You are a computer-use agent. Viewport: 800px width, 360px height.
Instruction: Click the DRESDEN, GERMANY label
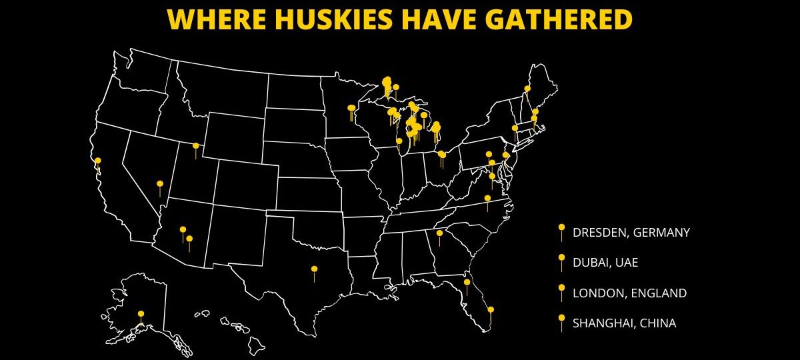(631, 233)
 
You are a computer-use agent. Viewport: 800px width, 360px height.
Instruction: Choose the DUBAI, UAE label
(605, 263)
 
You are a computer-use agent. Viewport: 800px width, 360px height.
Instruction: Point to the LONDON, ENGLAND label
(629, 293)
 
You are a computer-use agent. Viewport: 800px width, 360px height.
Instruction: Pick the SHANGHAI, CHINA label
(624, 323)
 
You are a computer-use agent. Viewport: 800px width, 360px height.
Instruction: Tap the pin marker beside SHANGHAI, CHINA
(562, 319)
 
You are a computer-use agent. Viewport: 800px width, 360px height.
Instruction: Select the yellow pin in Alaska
(141, 314)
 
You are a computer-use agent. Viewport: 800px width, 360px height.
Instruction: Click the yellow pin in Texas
(314, 269)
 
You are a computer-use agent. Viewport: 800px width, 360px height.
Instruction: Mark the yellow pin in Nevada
(160, 184)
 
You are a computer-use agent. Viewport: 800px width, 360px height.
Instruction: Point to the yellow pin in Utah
(195, 146)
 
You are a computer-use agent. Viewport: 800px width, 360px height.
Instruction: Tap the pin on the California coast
(98, 161)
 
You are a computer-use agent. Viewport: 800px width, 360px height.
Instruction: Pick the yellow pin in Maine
(527, 89)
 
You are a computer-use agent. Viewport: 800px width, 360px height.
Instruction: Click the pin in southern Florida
(491, 309)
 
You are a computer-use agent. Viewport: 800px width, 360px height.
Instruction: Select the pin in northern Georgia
(439, 233)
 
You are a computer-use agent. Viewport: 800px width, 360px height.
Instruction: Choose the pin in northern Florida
(467, 283)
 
